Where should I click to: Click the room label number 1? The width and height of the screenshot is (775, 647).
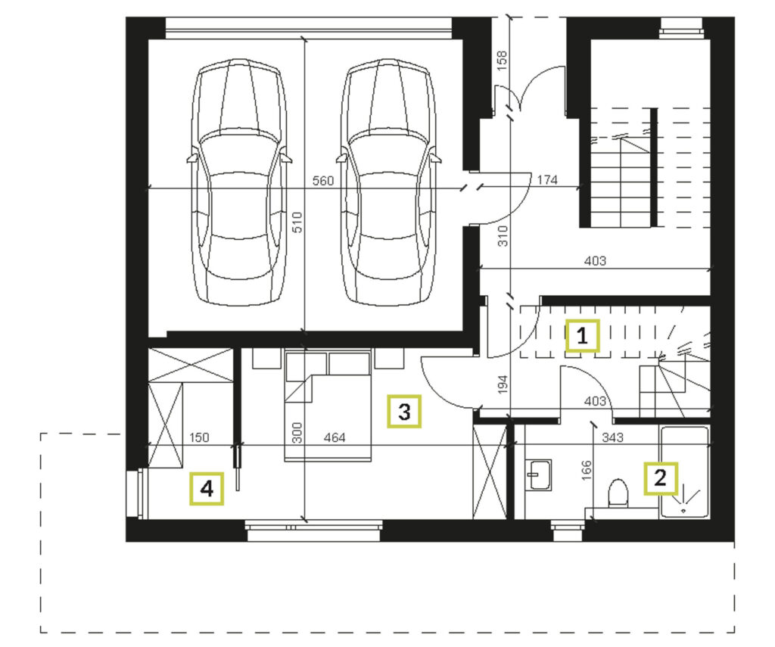(x=582, y=336)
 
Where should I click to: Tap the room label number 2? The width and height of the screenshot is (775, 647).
(x=660, y=478)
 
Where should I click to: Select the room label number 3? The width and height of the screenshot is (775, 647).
(x=404, y=411)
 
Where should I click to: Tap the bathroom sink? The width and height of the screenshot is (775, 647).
(x=538, y=475)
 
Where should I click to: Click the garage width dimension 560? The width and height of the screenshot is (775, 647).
(x=323, y=181)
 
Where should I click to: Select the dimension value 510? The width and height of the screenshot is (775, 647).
(x=297, y=223)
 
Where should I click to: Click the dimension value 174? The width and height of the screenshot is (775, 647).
(x=547, y=180)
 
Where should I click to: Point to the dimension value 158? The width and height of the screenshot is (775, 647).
(x=502, y=61)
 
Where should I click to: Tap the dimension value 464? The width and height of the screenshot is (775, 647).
(x=335, y=437)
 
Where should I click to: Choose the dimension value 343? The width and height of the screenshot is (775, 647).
(x=612, y=437)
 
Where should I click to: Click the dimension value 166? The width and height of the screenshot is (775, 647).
(x=586, y=471)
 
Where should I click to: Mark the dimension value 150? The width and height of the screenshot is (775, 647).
(x=199, y=437)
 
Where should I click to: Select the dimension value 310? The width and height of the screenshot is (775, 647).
(x=503, y=236)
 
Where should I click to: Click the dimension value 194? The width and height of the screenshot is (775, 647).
(x=503, y=384)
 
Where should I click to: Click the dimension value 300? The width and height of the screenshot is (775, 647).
(x=297, y=433)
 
